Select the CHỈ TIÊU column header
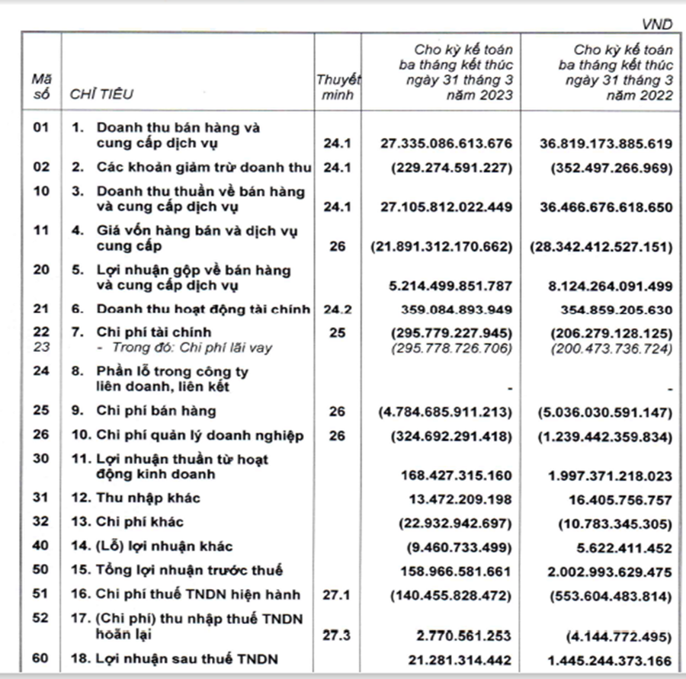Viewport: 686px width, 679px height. pyautogui.click(x=101, y=94)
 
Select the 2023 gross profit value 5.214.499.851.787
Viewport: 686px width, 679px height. pyautogui.click(x=457, y=286)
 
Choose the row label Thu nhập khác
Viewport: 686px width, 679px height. pyautogui.click(x=148, y=498)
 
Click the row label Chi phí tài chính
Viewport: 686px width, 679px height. pyautogui.click(x=153, y=332)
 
